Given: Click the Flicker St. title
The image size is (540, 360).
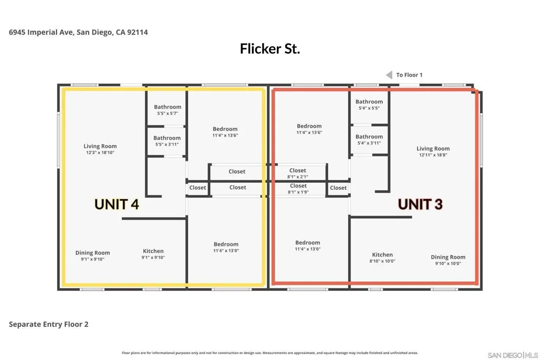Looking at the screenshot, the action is point(269,49).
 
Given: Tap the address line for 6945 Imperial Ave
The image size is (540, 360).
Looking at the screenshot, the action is point(78,32).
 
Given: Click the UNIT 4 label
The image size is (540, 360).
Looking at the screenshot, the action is point(117,204).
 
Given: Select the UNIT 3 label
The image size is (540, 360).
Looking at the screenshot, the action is point(420,204).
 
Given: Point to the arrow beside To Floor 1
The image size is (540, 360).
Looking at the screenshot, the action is point(389,75).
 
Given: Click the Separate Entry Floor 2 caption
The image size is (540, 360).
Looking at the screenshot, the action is point(49,324).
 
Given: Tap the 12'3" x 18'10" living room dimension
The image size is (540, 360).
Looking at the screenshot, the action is point(100,152).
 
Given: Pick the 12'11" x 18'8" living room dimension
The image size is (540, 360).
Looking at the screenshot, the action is point(433,155).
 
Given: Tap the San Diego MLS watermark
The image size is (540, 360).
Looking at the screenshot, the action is point(513,355).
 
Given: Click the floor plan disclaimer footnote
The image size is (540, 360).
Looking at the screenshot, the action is point(269,353).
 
